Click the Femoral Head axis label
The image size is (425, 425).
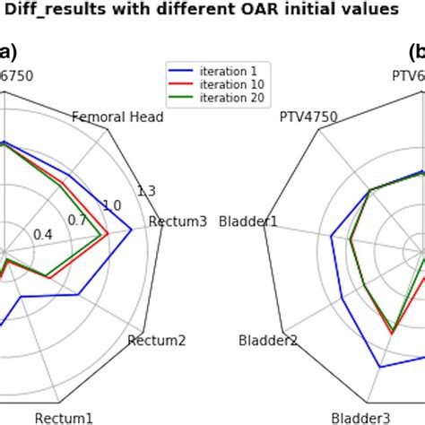117,117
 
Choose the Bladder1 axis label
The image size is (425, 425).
248,221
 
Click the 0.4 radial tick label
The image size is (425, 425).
42,235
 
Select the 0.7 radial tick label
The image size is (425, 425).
77,221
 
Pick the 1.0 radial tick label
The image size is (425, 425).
111,205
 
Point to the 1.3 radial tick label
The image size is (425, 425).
145,190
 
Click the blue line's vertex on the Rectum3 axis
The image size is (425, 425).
132,230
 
